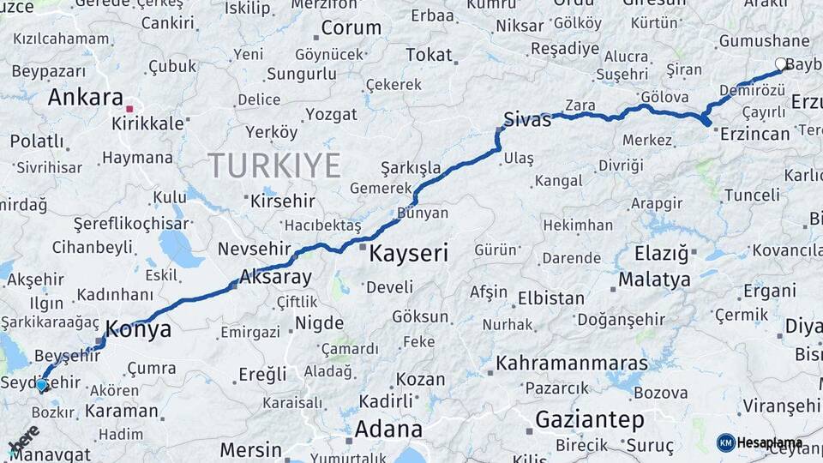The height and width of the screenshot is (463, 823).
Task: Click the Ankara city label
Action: point(85,97)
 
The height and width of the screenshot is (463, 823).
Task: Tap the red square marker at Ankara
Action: point(129,109)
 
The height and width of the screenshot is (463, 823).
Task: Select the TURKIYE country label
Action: point(274,165)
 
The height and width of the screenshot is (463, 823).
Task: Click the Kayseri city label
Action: point(409,253)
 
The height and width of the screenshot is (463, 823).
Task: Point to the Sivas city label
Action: point(526,119)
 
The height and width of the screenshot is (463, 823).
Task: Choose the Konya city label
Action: point(138,329)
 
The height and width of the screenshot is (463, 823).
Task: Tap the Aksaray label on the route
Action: point(275,277)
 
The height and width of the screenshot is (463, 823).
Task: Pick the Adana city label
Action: point(388,428)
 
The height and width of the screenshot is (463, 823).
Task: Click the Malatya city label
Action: point(654,280)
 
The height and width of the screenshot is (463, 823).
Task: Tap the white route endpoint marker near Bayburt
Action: point(781,63)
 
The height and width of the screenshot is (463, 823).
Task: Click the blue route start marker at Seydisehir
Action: point(42,386)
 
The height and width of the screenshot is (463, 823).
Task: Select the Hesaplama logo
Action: point(760,442)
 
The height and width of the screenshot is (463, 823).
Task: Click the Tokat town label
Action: point(429,55)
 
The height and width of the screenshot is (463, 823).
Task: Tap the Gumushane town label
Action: point(764,41)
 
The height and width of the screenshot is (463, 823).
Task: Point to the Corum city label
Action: point(351,27)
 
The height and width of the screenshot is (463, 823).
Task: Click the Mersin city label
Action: point(250,449)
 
